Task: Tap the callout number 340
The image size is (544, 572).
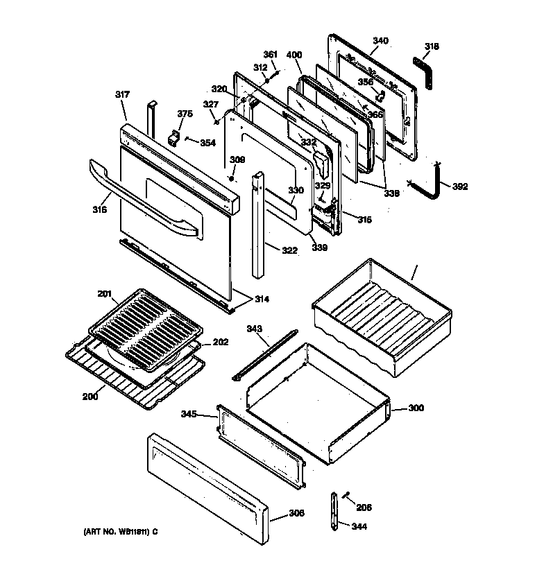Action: pyautogui.click(x=380, y=41)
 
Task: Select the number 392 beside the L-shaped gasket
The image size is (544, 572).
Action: pyautogui.click(x=459, y=187)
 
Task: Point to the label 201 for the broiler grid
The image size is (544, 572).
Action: pyautogui.click(x=104, y=294)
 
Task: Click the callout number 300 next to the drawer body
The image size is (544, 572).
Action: pyautogui.click(x=416, y=408)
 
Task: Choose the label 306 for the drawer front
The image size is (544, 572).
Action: pyautogui.click(x=296, y=514)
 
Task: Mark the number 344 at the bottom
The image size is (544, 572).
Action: pyautogui.click(x=359, y=526)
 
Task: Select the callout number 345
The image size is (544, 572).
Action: pyautogui.click(x=189, y=415)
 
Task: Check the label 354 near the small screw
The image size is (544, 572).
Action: pyautogui.click(x=207, y=143)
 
